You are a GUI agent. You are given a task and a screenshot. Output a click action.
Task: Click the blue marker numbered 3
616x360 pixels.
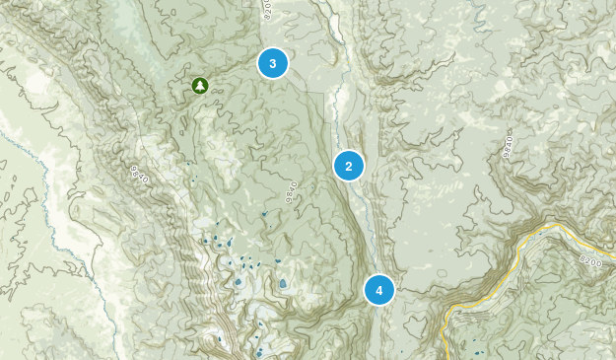[x=272, y=63]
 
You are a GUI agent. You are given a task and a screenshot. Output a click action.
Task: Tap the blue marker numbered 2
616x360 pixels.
[x=349, y=165]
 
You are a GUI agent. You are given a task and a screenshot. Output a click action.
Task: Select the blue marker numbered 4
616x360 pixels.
[x=378, y=290]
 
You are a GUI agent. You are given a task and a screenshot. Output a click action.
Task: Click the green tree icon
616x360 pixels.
[x=200, y=87]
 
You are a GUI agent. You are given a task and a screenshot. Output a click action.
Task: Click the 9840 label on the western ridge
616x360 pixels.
[x=139, y=176]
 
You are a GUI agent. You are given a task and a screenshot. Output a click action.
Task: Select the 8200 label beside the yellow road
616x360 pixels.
[x=591, y=262]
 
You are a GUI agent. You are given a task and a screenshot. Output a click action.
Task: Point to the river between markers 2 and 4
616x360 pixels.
[x=370, y=227]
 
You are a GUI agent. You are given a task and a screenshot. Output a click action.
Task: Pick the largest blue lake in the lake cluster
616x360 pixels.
[x=283, y=283]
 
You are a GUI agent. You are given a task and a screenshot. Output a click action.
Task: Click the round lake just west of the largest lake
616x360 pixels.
[x=238, y=282]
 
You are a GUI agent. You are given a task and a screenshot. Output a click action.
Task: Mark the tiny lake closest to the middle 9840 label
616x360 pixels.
[x=264, y=214]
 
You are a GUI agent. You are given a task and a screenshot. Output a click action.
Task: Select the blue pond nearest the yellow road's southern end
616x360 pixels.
[x=477, y=347]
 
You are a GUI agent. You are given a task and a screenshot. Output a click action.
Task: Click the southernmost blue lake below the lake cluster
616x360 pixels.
[x=258, y=352]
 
